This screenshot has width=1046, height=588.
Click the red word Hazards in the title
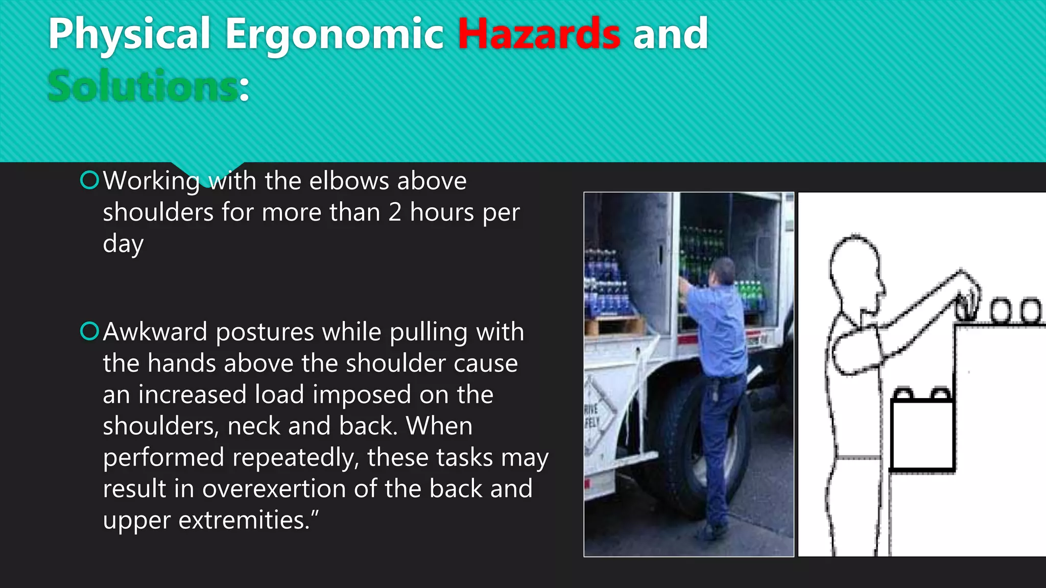539,34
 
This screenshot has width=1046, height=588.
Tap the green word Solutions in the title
142,86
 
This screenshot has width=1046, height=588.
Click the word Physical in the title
129,34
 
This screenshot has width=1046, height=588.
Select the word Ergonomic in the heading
334,34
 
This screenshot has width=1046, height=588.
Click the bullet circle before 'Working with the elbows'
89,180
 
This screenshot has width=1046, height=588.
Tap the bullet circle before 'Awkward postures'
89,331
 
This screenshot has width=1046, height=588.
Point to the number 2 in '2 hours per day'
394,212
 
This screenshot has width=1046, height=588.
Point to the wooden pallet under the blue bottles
615,325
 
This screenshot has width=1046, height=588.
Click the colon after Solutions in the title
244,89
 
